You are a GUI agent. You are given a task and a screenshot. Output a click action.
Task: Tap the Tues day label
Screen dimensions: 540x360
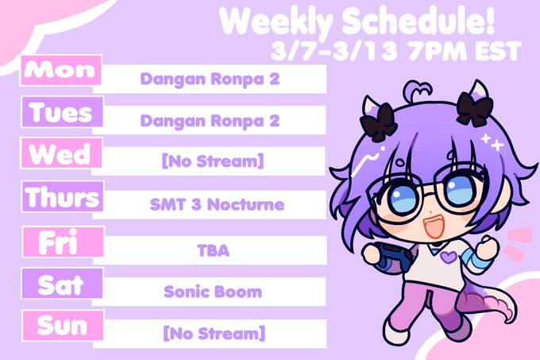(x=62, y=112)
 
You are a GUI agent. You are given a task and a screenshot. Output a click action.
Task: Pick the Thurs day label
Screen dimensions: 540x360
(x=63, y=196)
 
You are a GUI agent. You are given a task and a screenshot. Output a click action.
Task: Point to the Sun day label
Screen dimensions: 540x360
(x=63, y=326)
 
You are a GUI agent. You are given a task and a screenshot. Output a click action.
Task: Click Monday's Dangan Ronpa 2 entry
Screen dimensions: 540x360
(x=210, y=79)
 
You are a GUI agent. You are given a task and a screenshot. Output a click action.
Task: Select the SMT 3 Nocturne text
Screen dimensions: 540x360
(x=217, y=205)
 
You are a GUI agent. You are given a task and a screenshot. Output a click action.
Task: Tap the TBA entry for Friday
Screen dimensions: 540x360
(x=213, y=250)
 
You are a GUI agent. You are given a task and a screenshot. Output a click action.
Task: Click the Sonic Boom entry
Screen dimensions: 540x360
(x=213, y=292)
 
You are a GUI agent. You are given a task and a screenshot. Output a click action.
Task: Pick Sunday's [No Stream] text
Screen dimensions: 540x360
(x=214, y=333)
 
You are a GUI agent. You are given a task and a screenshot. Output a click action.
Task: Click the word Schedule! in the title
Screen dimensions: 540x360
(x=418, y=21)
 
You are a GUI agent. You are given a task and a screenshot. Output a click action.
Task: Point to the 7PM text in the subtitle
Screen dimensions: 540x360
(x=438, y=52)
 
